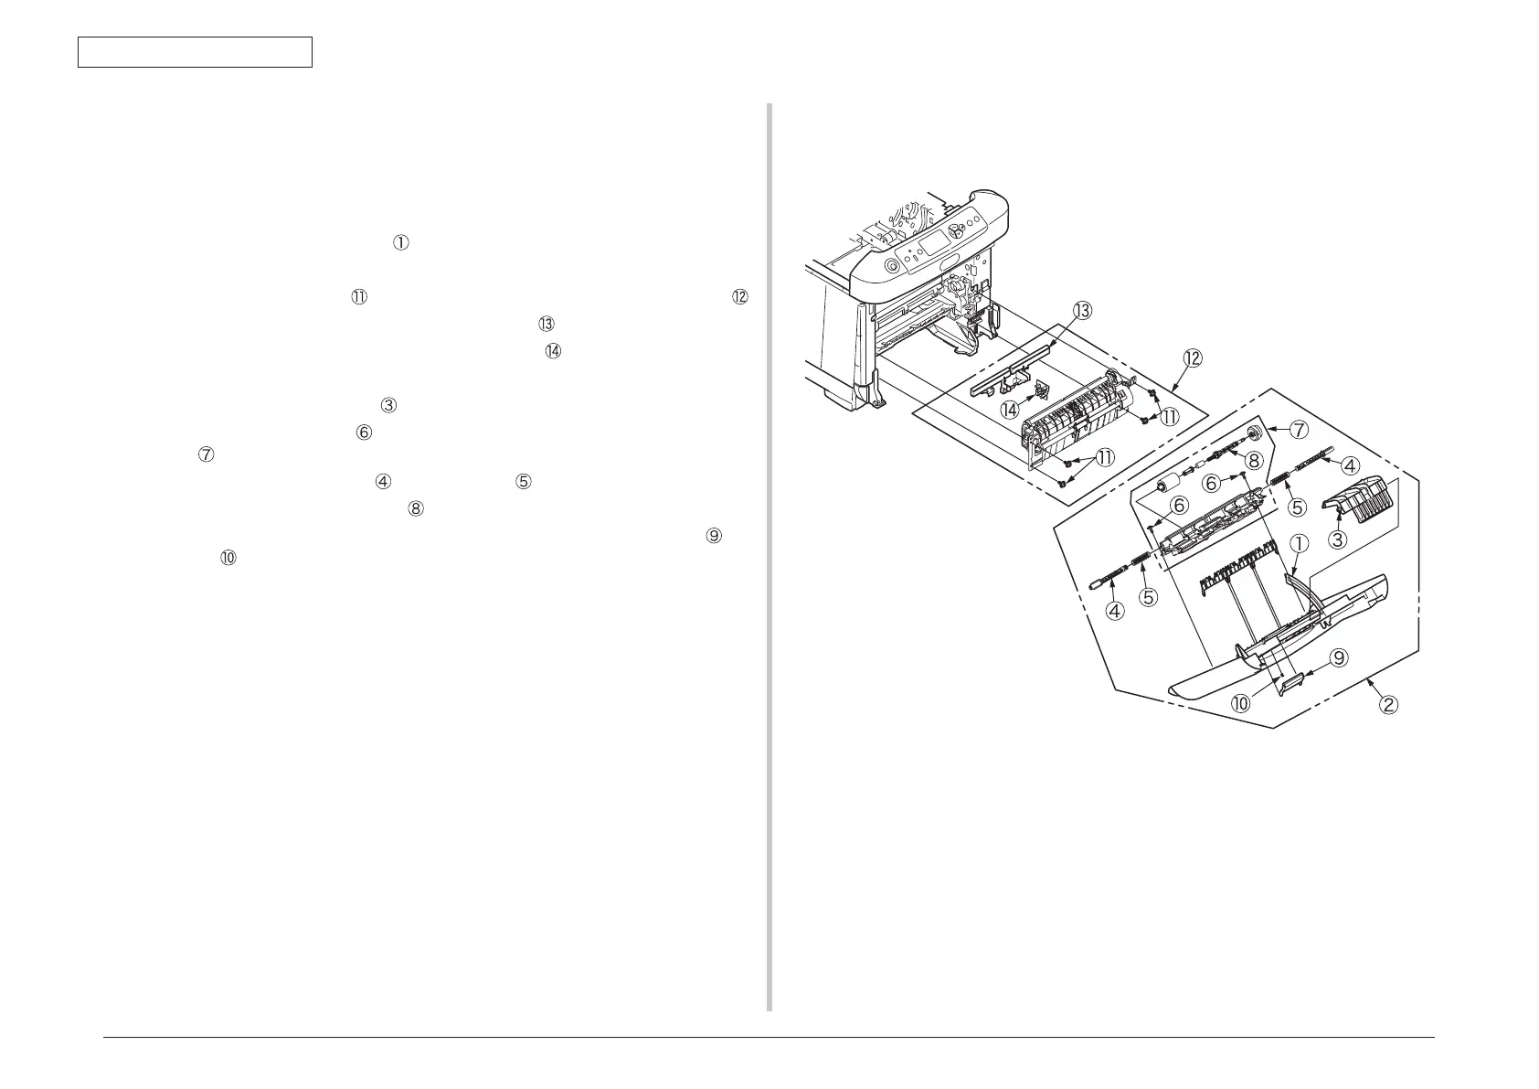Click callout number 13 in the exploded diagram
point(1082,311)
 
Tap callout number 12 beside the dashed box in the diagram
point(1192,358)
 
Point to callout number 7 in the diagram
point(1300,428)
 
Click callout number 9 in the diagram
point(1337,657)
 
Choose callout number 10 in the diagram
point(1242,704)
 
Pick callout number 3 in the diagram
point(1337,539)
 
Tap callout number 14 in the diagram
point(1010,411)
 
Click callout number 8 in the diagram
point(1255,461)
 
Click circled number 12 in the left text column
point(739,297)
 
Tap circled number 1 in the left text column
point(401,242)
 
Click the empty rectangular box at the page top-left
point(195,52)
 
